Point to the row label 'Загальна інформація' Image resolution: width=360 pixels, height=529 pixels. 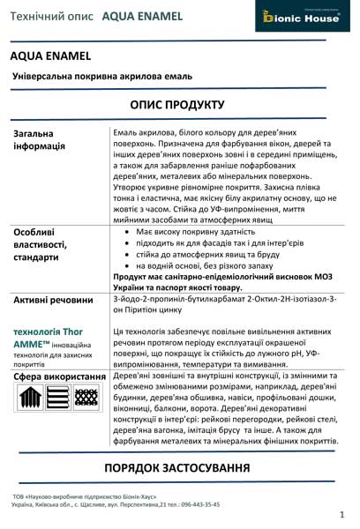pos(40,139)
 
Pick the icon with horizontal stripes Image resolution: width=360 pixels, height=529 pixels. pos(57,399)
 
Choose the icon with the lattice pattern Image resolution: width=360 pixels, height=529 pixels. pos(85,399)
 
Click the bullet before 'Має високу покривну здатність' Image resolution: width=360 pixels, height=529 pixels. pos(129,231)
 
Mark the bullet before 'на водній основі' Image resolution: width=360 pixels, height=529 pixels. pos(129,265)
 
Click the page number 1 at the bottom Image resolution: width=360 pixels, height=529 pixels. pos(341,513)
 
